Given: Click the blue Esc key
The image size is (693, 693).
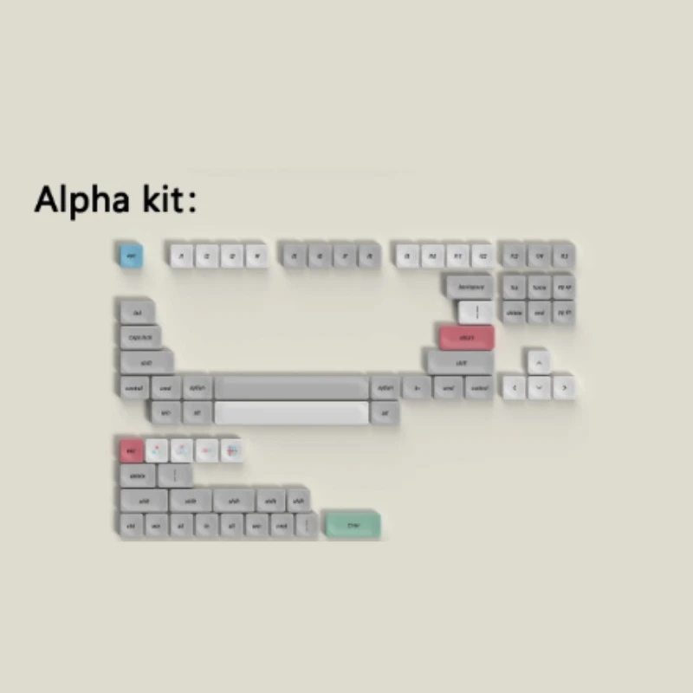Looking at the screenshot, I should click(x=130, y=256).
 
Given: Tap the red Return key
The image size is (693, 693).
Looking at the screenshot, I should click(x=466, y=337).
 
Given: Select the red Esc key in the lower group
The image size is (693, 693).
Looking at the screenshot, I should click(x=132, y=450).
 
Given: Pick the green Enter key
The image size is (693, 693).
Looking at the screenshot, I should click(x=352, y=524).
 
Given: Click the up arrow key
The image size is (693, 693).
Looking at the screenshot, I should click(x=539, y=362).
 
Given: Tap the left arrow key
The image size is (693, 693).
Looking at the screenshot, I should click(x=514, y=387).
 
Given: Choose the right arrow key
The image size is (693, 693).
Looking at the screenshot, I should click(x=564, y=387).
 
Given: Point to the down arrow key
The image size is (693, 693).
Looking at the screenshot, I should click(x=539, y=387).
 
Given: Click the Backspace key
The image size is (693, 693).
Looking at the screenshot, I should click(x=470, y=286).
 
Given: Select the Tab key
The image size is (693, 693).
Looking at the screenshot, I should click(x=137, y=312).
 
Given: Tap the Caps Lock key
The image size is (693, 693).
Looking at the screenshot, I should click(x=140, y=337).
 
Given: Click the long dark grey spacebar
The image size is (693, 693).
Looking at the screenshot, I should click(x=291, y=387).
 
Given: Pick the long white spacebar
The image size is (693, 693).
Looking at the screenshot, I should click(x=291, y=412).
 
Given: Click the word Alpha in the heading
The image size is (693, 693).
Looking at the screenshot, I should click(x=82, y=200).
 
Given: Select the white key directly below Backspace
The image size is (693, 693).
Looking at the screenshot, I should click(x=476, y=312).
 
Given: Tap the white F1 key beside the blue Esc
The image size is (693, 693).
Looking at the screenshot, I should click(x=181, y=256).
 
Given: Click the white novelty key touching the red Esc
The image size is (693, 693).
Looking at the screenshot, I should click(x=157, y=450).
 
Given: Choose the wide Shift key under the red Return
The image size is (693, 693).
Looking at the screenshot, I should click(x=460, y=362).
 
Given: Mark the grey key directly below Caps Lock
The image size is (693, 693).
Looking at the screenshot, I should click(x=146, y=362).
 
